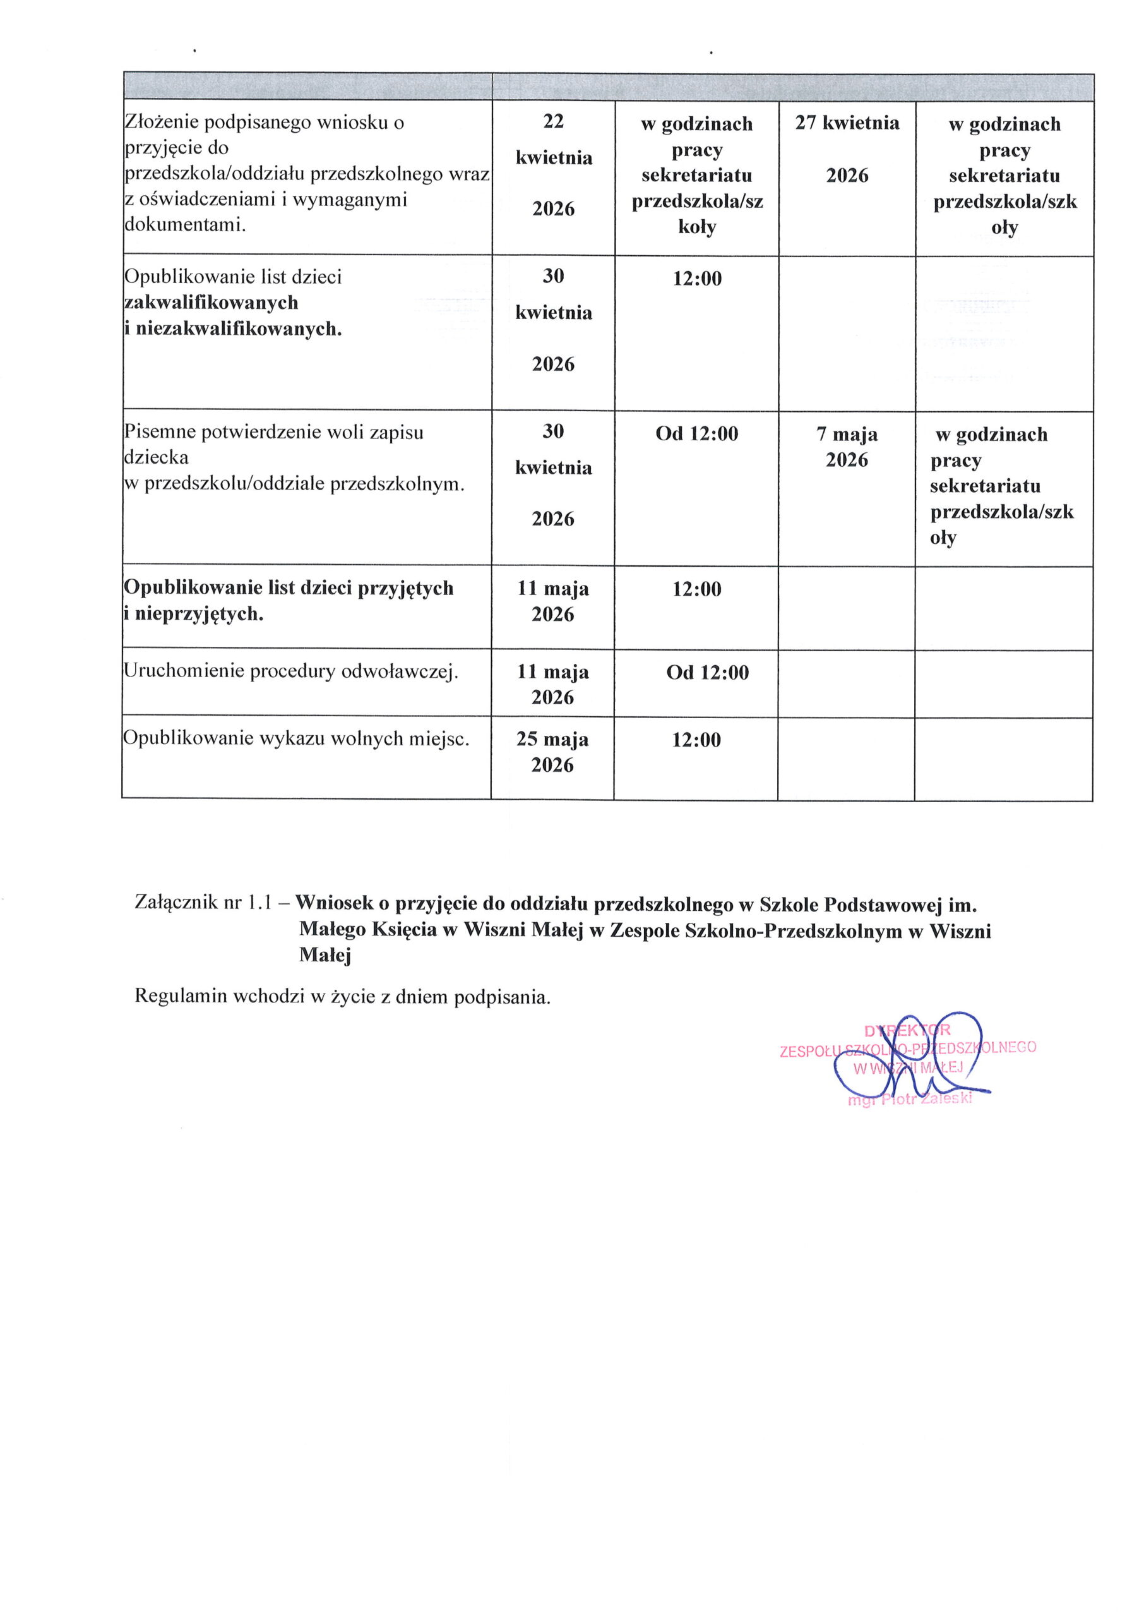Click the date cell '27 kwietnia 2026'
tap(847, 148)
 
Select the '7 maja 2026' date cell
tap(847, 447)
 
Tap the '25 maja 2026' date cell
tap(552, 752)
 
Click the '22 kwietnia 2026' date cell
tap(553, 164)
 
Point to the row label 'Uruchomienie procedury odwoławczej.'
tap(290, 671)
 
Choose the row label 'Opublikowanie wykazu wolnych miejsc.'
tap(296, 738)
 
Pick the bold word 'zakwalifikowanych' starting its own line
tap(211, 303)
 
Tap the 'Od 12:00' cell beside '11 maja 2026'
tap(707, 672)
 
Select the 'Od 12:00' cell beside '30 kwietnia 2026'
tap(696, 433)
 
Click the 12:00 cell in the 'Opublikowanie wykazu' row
tap(696, 740)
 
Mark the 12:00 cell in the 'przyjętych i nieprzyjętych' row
tap(696, 589)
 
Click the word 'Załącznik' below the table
tap(176, 903)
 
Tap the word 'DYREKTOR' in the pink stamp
tap(907, 1030)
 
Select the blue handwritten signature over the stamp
tap(909, 1061)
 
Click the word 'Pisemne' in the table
tap(159, 432)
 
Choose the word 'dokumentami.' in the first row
tap(184, 225)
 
